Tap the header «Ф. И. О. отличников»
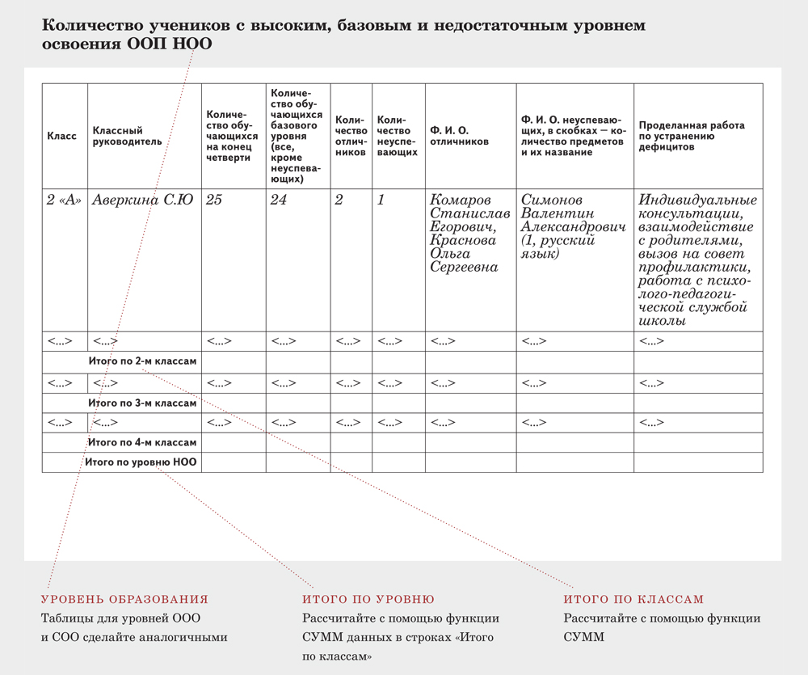pos(460,136)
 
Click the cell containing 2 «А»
pos(65,200)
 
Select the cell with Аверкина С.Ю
pos(143,200)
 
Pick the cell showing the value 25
pos(214,200)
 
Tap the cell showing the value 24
pos(278,200)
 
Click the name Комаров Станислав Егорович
pos(470,213)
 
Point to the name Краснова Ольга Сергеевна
pos(465,253)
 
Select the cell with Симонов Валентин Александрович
pos(573,213)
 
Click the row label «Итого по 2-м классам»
pos(142,361)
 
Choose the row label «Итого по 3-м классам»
pos(142,403)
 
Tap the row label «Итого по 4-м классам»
pos(142,443)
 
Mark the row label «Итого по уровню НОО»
pos(142,462)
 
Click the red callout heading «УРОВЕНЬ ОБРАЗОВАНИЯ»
pos(124,599)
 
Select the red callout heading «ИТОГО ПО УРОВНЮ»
pos(368,599)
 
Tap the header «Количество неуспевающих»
pos(398,136)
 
